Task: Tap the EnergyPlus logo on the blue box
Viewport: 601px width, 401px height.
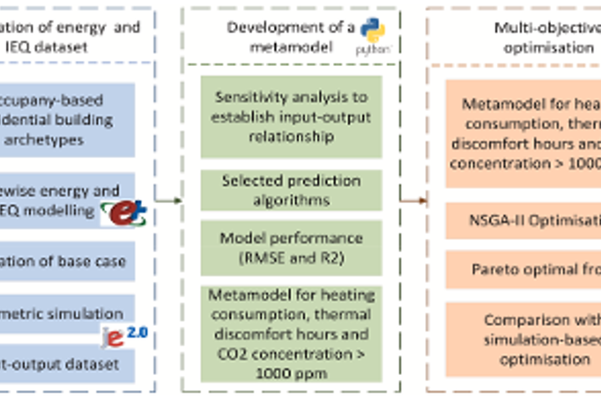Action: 124,211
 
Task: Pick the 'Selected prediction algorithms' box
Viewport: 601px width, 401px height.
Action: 291,190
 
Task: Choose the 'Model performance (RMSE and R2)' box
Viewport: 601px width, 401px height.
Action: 291,246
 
